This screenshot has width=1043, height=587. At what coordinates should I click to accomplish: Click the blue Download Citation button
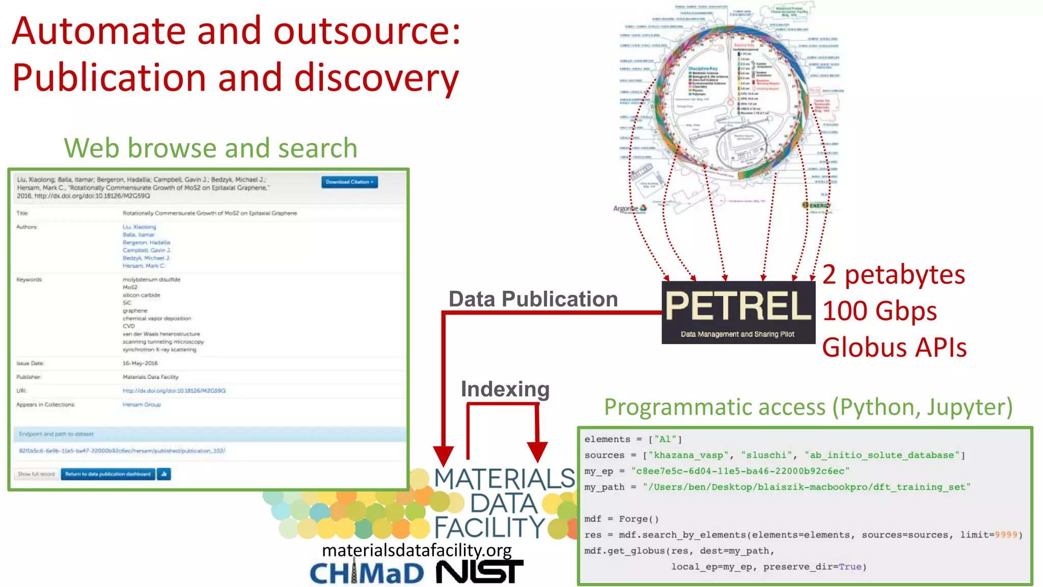tap(349, 182)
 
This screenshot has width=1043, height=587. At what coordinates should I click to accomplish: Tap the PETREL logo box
tap(738, 312)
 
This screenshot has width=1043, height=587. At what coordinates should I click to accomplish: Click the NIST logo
tap(479, 573)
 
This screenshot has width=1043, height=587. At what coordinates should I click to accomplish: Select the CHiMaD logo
tap(367, 574)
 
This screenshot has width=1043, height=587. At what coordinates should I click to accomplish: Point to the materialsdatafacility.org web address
tap(417, 550)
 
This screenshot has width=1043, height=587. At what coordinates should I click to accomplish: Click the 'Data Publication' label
tap(533, 299)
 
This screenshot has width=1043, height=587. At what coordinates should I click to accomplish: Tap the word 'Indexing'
tap(505, 389)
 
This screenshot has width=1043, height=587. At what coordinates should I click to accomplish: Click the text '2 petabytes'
tap(894, 275)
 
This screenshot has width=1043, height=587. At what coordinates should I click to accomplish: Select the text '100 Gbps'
tap(880, 311)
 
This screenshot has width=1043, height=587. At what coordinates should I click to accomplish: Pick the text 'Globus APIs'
tap(894, 348)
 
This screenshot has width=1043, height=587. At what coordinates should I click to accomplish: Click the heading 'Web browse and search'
tap(210, 148)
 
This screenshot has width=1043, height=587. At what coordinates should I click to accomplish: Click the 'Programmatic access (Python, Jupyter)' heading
tap(808, 407)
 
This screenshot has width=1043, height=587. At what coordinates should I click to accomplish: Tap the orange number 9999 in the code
tap(1006, 535)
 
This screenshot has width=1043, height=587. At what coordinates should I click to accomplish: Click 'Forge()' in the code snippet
tap(639, 519)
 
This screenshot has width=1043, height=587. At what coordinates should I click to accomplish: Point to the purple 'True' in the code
tap(850, 567)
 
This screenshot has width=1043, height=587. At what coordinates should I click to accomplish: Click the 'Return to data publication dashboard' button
tap(108, 474)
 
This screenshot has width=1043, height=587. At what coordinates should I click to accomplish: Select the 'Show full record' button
tap(36, 474)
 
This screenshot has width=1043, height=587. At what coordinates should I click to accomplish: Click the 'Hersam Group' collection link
tap(142, 405)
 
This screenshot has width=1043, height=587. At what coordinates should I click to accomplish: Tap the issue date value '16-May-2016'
tap(140, 363)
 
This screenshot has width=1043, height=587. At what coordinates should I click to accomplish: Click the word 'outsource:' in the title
tap(367, 32)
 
